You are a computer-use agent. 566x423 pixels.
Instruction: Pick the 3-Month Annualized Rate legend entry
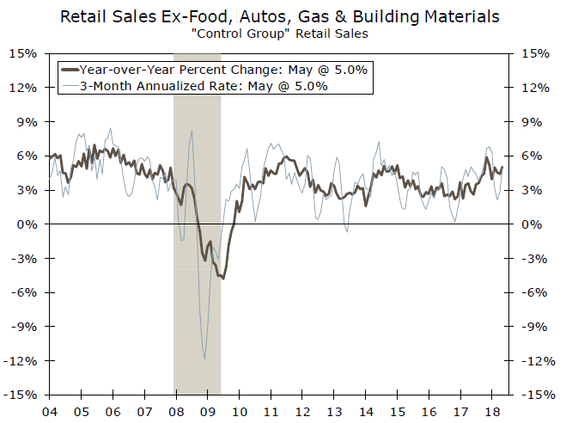[x=204, y=86]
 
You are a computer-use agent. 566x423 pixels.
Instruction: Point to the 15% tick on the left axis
[x=24, y=53]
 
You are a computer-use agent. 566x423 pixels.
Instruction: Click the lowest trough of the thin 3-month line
[x=204, y=359]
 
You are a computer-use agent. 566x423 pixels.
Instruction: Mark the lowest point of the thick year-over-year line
[x=223, y=278]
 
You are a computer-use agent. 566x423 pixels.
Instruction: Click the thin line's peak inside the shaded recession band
[x=191, y=130]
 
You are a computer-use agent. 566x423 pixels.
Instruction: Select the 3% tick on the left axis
[x=24, y=189]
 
